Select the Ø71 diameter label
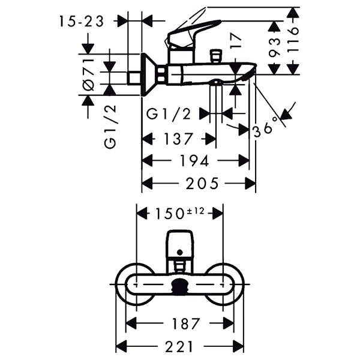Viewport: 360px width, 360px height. click(x=88, y=73)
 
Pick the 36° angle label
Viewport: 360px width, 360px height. click(x=265, y=128)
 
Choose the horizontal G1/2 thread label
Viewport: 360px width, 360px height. click(x=169, y=113)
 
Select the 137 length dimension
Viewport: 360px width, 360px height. click(x=179, y=139)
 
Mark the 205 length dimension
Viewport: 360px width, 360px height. click(x=202, y=183)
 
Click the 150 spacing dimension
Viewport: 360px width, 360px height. click(x=169, y=214)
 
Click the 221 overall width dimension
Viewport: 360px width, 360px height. click(x=180, y=346)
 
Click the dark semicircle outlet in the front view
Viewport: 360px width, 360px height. click(x=179, y=287)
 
